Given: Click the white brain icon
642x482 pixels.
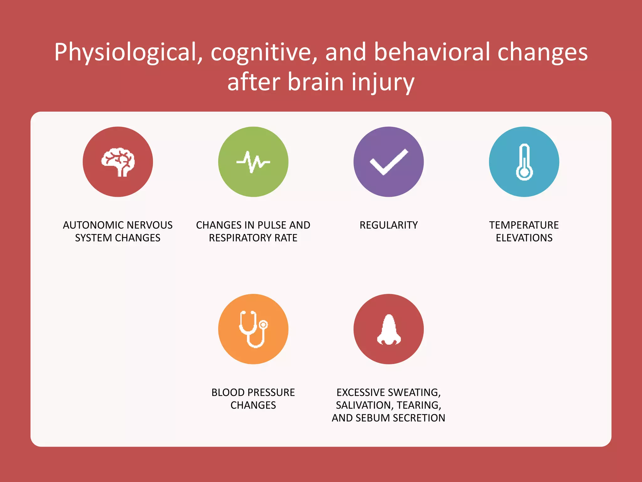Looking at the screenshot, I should coord(118,162).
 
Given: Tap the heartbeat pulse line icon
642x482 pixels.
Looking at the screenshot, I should coord(253,162).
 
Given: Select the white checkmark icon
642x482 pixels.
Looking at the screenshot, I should coord(389,162).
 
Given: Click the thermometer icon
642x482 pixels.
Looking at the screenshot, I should coord(524,162).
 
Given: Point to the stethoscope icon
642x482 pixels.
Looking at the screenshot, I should coord(253,329).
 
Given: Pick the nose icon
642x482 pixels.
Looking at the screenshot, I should coord(389,329).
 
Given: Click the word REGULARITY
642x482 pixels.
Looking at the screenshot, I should coord(389,225).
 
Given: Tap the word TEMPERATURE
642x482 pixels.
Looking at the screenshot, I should coord(524,225).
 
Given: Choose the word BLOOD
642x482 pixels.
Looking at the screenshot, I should coord(228,393).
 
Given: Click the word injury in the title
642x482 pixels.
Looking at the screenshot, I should coord(383,82).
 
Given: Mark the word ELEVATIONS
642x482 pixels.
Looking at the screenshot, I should coord(524,238).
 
